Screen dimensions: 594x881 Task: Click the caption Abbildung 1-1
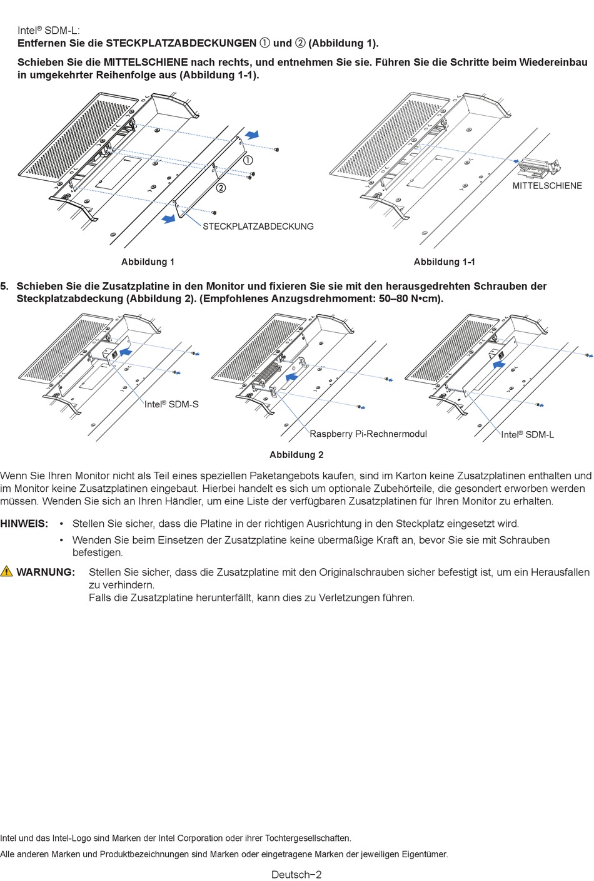tap(444, 262)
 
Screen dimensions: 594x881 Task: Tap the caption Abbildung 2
tap(296, 455)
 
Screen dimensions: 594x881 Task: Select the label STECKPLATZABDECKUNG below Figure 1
tap(258, 227)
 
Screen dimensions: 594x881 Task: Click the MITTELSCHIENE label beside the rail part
tap(547, 186)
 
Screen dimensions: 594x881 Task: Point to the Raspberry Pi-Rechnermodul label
tap(368, 434)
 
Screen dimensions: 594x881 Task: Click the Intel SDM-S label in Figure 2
tap(171, 404)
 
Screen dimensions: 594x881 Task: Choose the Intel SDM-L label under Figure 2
tap(527, 435)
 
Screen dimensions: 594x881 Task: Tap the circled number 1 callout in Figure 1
tap(248, 160)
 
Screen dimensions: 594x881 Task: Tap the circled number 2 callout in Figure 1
tap(221, 188)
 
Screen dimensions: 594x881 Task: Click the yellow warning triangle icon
tap(7, 571)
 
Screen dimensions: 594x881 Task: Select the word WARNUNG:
tap(46, 573)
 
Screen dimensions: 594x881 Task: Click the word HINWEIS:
tap(24, 524)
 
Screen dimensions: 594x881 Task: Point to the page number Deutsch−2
tap(296, 874)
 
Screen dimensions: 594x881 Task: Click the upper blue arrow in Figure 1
tap(252, 135)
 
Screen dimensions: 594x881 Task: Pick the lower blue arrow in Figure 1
tap(169, 218)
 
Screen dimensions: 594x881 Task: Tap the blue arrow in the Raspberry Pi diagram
tap(291, 377)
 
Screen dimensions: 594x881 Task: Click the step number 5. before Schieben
tap(4, 287)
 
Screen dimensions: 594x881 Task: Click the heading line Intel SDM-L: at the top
tap(48, 30)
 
